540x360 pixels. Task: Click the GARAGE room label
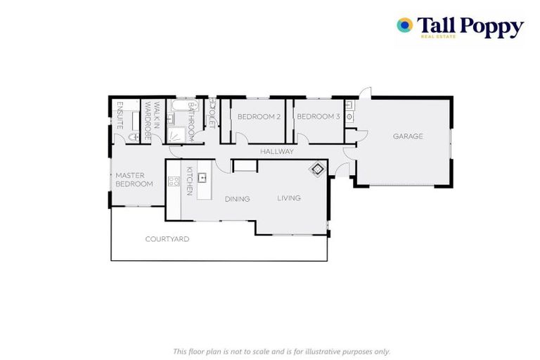coord(408,136)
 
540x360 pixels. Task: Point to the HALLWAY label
coord(276,152)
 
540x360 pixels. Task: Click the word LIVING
coord(288,198)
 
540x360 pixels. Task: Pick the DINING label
coord(237,199)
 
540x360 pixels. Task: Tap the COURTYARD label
coord(167,239)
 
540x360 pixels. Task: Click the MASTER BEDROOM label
coord(134,179)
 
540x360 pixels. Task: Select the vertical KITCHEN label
coord(189,181)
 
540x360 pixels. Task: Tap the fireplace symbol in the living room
coord(318,169)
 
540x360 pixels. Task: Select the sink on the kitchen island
coord(202,178)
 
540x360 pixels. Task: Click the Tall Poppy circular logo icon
coord(404,25)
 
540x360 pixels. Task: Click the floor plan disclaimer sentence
coord(281,351)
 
